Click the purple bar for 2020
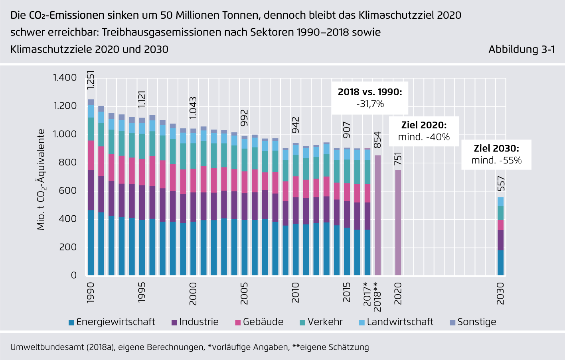[x=398, y=222]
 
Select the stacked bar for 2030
[x=500, y=236]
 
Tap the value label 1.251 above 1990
[x=91, y=80]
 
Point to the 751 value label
[x=398, y=159]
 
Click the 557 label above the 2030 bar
[x=501, y=184]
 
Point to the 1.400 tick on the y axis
[x=65, y=78]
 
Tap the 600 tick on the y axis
[x=68, y=191]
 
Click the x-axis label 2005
[x=244, y=293]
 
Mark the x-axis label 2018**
[x=377, y=297]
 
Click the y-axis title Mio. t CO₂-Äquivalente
[x=41, y=179]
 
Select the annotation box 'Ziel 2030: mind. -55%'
[x=496, y=154]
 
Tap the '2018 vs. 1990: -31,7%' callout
[x=370, y=98]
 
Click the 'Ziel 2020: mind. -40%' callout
[x=424, y=131]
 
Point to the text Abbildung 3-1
[x=522, y=49]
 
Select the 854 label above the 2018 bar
[x=377, y=140]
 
